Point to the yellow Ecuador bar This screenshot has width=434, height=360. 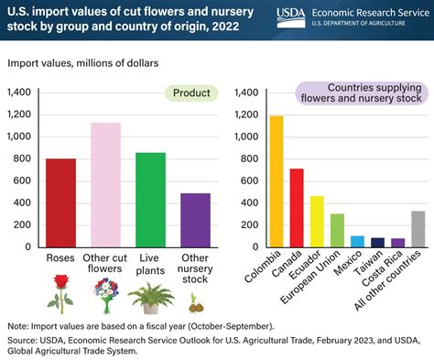[x=316, y=221]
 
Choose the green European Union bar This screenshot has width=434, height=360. [x=337, y=230]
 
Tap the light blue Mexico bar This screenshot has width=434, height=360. [x=357, y=241]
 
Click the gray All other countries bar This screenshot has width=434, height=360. [x=418, y=228]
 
